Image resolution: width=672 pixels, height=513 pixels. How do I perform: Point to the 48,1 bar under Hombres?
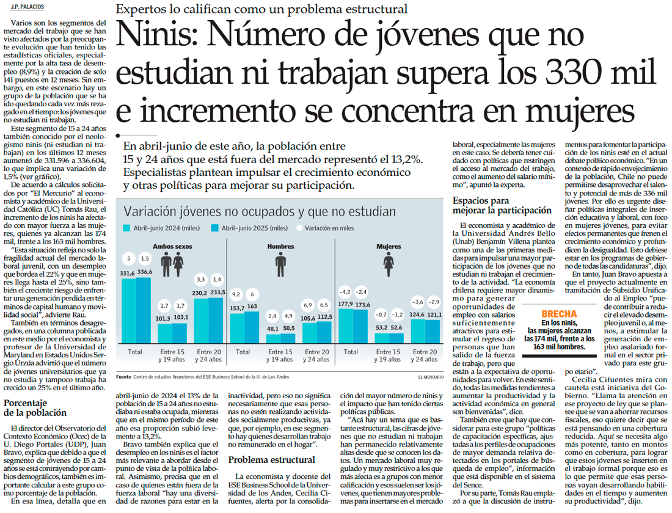tap(272, 339)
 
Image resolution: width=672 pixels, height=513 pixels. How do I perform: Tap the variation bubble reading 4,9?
tap(288, 316)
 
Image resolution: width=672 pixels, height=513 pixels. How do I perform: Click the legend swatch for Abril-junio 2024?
tap(127, 228)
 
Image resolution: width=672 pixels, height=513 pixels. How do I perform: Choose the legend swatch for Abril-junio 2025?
tap(214, 228)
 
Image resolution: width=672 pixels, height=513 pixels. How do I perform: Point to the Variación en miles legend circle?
tap(300, 228)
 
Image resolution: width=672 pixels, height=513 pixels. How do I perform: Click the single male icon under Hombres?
tap(280, 264)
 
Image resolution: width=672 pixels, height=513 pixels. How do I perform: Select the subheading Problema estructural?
tap(272, 460)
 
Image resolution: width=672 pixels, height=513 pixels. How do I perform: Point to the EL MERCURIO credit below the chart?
tap(431, 377)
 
